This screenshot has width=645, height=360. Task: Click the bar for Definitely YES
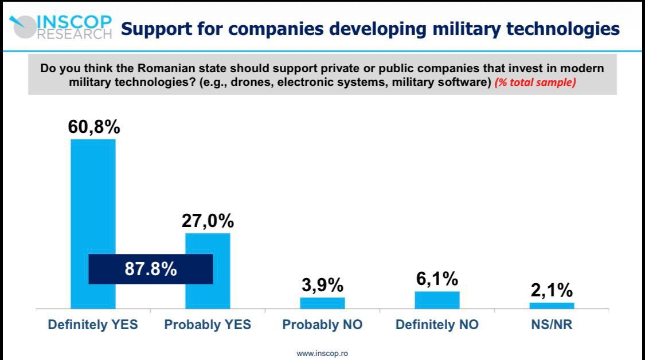click(x=93, y=195)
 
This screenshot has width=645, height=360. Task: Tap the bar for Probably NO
click(x=322, y=303)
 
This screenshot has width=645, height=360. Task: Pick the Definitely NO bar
click(x=437, y=300)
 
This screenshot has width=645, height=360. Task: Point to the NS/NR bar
click(x=552, y=306)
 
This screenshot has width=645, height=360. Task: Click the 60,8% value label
click(x=94, y=127)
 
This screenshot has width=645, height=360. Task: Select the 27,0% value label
click(x=208, y=221)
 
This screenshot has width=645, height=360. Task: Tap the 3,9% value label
click(x=322, y=285)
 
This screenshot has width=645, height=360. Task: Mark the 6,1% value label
click(x=437, y=279)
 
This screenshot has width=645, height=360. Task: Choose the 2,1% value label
click(x=552, y=290)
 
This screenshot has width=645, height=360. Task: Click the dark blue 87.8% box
click(x=151, y=269)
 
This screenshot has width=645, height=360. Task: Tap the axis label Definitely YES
click(x=93, y=325)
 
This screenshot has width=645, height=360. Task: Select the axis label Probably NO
click(x=322, y=325)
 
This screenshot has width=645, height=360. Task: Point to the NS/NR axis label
click(x=552, y=325)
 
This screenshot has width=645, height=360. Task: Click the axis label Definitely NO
click(x=437, y=325)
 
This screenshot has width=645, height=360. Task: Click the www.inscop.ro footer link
click(x=322, y=353)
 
